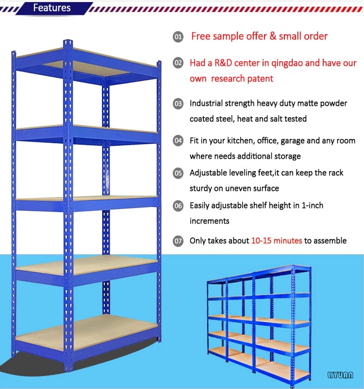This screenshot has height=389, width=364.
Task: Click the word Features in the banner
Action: click(x=52, y=8)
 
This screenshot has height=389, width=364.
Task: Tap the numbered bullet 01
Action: click(x=178, y=37)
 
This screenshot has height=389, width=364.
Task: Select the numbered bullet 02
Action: click(x=178, y=63)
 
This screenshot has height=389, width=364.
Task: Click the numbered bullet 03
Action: click(x=178, y=104)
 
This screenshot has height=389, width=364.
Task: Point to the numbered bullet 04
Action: click(x=178, y=141)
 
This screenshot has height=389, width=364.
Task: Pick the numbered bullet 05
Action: click(x=178, y=173)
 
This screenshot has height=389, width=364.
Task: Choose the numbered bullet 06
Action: click(x=178, y=206)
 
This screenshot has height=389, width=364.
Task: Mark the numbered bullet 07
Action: click(x=178, y=241)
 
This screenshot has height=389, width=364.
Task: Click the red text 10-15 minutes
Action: click(x=277, y=241)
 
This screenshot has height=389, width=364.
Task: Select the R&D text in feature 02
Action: click(x=223, y=63)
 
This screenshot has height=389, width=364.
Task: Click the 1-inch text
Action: click(x=312, y=205)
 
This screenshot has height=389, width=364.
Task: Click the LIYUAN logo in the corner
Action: click(x=340, y=375)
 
